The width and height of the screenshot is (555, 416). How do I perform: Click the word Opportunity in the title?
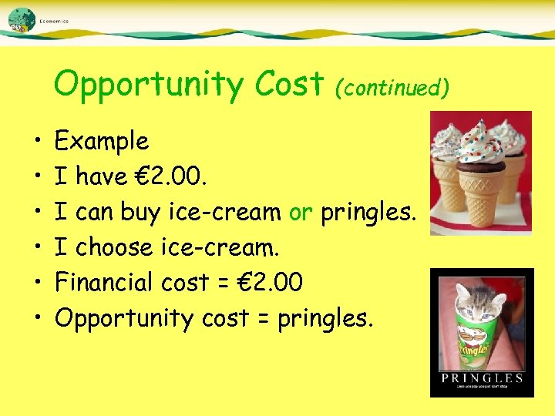click(x=146, y=86)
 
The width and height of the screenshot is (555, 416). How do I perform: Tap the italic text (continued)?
click(x=392, y=88)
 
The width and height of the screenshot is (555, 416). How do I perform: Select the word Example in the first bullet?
click(x=102, y=142)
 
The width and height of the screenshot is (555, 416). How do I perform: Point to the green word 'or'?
click(x=301, y=213)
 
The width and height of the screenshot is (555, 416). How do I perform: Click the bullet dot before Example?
click(x=37, y=143)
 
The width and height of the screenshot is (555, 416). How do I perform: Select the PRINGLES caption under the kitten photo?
click(x=482, y=378)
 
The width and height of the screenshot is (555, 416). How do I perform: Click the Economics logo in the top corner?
click(x=23, y=20)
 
